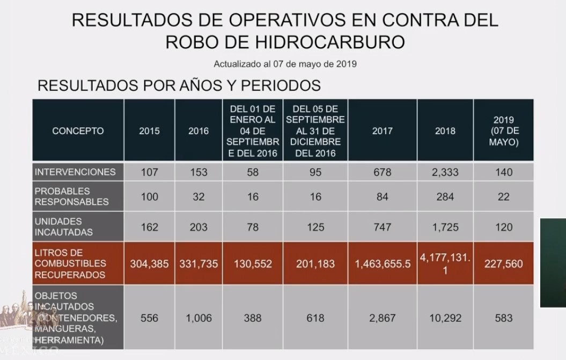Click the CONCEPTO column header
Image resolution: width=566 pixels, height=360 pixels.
pos(78,130)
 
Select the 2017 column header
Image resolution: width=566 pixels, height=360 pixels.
pos(382,130)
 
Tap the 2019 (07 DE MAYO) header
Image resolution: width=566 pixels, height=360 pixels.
pos(503,131)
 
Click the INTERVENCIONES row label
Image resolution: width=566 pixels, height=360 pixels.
pos(75,172)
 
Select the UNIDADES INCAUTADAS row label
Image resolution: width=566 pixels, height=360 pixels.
pos(63,227)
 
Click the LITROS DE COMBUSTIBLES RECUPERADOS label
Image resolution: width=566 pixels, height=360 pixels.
pos(70,263)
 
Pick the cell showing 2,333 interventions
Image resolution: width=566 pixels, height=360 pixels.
pos(445,172)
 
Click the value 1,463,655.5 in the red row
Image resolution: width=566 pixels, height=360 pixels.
pos(382,264)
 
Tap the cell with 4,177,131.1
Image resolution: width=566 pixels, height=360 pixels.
pos(445,263)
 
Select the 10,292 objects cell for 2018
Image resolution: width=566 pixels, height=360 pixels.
pos(445,318)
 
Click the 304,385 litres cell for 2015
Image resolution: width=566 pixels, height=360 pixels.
pos(149,264)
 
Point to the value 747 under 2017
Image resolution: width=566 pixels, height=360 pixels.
pos(382,227)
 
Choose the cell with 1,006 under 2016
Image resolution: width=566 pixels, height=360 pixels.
pos(199,318)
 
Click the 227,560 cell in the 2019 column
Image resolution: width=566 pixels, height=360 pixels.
pos(503,264)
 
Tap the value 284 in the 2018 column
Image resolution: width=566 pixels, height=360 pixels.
pos(445,197)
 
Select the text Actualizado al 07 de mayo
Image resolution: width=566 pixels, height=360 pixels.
pos(285,64)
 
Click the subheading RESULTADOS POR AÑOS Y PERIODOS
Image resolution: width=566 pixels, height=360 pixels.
pos(179,85)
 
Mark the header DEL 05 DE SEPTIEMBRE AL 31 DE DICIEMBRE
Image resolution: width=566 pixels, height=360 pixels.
pos(315,130)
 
